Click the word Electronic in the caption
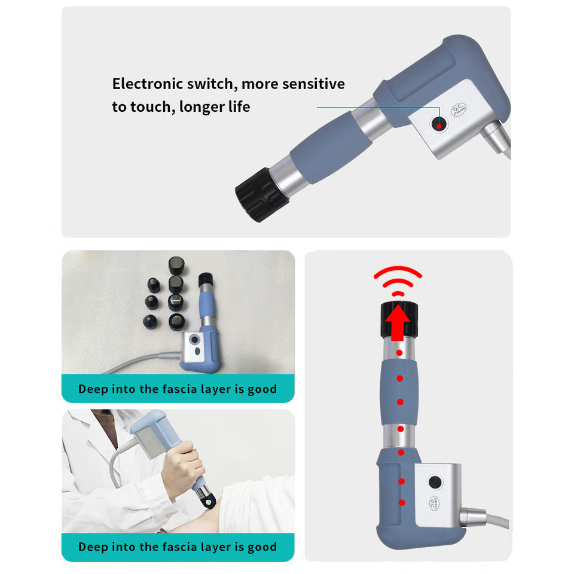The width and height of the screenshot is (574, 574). click(148, 84)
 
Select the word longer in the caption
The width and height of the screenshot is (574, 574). click(201, 107)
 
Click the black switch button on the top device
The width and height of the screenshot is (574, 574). click(439, 124)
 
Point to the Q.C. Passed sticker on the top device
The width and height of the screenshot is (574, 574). click(459, 109)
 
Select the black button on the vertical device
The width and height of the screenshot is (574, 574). click(435, 482)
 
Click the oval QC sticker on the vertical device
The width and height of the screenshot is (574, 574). click(433, 503)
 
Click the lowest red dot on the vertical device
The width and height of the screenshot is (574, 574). click(402, 503)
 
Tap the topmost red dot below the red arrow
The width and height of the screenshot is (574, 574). click(399, 353)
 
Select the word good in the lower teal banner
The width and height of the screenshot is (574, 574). click(262, 548)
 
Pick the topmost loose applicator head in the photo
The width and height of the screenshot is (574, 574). click(176, 265)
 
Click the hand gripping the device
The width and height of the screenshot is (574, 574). click(182, 467)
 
